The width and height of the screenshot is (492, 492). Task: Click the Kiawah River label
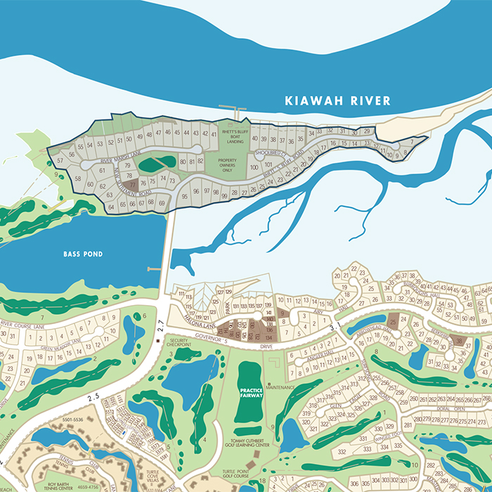tap(337, 101)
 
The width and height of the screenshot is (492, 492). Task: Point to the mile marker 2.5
tap(93, 397)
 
